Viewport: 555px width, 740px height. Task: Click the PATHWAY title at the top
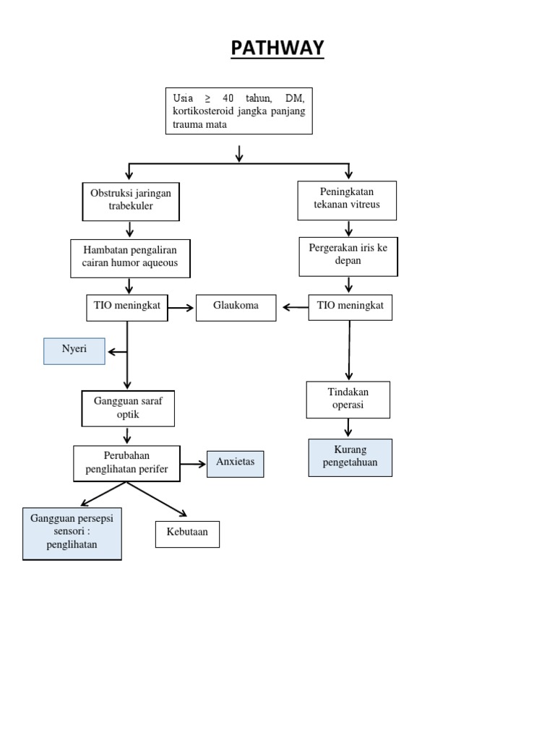pos(277,48)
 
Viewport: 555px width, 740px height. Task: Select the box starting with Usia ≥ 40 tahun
pos(238,111)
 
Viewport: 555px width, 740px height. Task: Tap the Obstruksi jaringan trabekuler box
pos(131,201)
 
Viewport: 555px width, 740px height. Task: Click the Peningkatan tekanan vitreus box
pos(348,199)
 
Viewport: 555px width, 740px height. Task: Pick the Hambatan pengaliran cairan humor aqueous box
pos(130,258)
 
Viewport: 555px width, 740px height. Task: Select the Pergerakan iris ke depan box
pos(348,255)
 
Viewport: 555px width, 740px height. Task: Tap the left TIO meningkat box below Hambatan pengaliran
pos(127,307)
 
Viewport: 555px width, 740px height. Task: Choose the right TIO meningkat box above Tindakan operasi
pos(350,307)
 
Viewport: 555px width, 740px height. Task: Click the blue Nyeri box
pos(74,350)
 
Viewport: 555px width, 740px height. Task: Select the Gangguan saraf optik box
pos(128,408)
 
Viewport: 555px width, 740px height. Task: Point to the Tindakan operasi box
pos(348,400)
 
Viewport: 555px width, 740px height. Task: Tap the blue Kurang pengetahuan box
pos(350,457)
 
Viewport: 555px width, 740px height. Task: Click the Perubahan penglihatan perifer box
pos(127,463)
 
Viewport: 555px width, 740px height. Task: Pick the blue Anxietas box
pos(235,463)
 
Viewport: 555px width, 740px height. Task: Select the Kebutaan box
pos(187,533)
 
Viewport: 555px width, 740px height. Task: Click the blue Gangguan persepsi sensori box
pos(72,533)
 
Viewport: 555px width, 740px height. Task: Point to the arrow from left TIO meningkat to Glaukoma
pos(181,309)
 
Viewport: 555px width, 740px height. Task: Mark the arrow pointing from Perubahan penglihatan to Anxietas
pos(193,465)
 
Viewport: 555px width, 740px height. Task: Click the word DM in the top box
pos(295,98)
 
